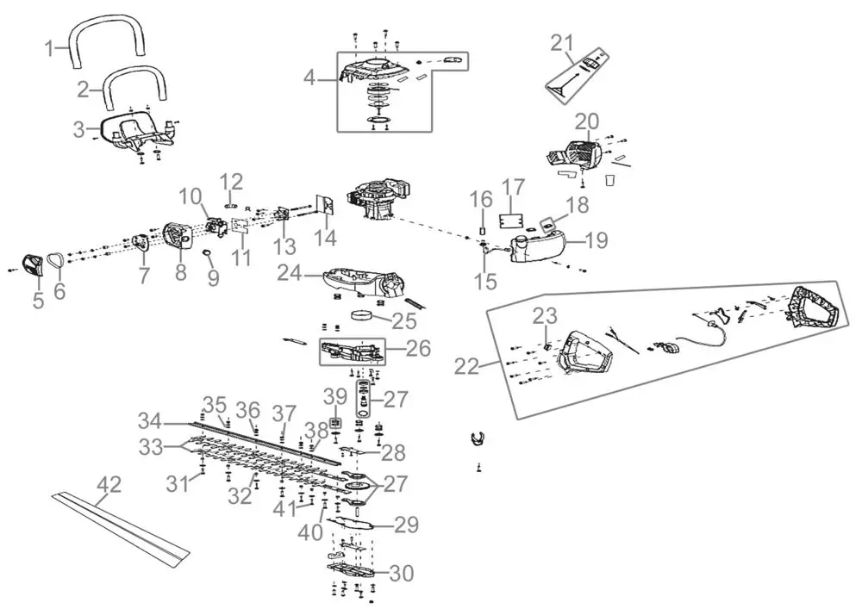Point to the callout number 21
pyautogui.click(x=562, y=43)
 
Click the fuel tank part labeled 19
pyautogui.click(x=534, y=246)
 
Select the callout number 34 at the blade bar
pyautogui.click(x=150, y=422)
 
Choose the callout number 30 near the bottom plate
pyautogui.click(x=402, y=573)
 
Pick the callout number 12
pyautogui.click(x=232, y=182)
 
